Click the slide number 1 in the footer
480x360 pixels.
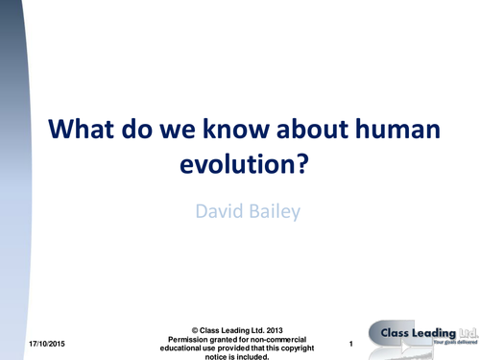pos(352,344)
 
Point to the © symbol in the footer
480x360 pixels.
pos(196,329)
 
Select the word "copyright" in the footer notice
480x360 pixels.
pos(303,348)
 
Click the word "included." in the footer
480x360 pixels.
pos(262,356)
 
